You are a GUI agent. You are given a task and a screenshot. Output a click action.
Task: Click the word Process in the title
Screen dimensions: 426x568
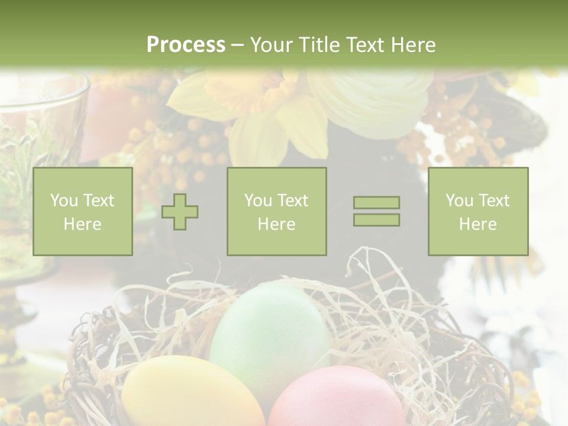coord(186,45)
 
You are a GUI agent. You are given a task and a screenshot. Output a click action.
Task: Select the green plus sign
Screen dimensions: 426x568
coord(180,212)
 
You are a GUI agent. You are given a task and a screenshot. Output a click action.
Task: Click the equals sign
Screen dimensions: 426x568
coord(376,211)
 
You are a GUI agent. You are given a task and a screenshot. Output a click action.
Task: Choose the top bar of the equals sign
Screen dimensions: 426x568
coord(376,203)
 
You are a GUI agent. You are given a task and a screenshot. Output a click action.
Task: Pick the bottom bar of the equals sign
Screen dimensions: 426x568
coord(376,220)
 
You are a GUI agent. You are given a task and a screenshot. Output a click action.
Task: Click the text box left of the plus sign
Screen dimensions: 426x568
coord(82,211)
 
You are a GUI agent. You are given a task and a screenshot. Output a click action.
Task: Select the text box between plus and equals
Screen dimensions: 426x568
coord(276,211)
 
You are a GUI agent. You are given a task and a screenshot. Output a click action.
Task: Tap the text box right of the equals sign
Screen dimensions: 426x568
coord(477,211)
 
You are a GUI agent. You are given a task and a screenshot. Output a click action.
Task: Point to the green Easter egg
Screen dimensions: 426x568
coord(269,331)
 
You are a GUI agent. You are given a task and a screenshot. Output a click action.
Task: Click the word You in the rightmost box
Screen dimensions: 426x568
coord(460,201)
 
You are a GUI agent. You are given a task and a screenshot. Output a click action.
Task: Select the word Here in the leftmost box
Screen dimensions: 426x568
coord(82,224)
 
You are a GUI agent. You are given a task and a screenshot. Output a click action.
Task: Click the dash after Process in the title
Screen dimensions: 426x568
coord(237,45)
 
